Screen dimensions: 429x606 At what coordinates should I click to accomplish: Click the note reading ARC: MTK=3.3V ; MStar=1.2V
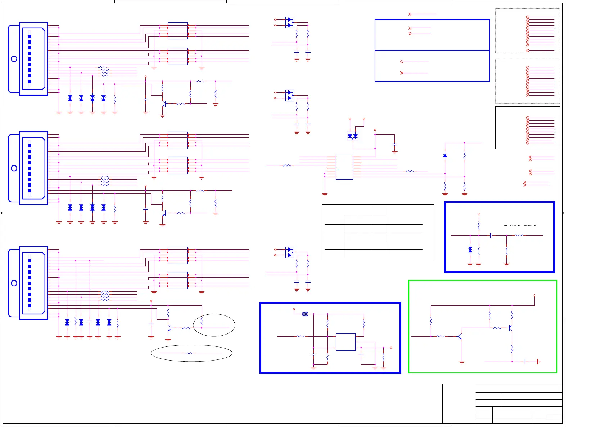(520, 226)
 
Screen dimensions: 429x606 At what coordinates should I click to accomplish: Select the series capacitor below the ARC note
(491, 235)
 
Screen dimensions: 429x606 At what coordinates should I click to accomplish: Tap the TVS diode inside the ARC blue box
(470, 249)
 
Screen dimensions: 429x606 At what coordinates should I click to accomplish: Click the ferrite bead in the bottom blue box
(305, 314)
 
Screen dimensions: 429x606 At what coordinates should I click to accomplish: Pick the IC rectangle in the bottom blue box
(345, 342)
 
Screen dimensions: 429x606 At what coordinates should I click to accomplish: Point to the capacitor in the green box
(525, 362)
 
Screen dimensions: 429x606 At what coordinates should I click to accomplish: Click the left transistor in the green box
(460, 336)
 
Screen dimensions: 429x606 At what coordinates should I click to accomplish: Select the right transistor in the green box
(511, 328)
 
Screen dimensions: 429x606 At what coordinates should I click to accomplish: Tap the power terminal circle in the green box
(534, 295)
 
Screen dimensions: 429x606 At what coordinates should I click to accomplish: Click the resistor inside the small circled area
(202, 321)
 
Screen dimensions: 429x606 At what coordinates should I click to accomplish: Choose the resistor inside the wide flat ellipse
(189, 353)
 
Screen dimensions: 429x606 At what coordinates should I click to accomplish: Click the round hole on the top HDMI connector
(14, 59)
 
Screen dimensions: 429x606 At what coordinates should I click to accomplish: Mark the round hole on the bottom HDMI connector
(14, 283)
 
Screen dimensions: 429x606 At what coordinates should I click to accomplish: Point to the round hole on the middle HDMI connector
(14, 168)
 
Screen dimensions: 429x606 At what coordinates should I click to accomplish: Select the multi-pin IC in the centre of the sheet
(344, 167)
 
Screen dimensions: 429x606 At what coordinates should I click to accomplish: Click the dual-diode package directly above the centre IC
(352, 136)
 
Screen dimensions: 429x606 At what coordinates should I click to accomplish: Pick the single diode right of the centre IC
(445, 155)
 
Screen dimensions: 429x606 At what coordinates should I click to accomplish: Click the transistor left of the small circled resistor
(169, 328)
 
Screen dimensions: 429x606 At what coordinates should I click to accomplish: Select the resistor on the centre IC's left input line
(287, 165)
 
